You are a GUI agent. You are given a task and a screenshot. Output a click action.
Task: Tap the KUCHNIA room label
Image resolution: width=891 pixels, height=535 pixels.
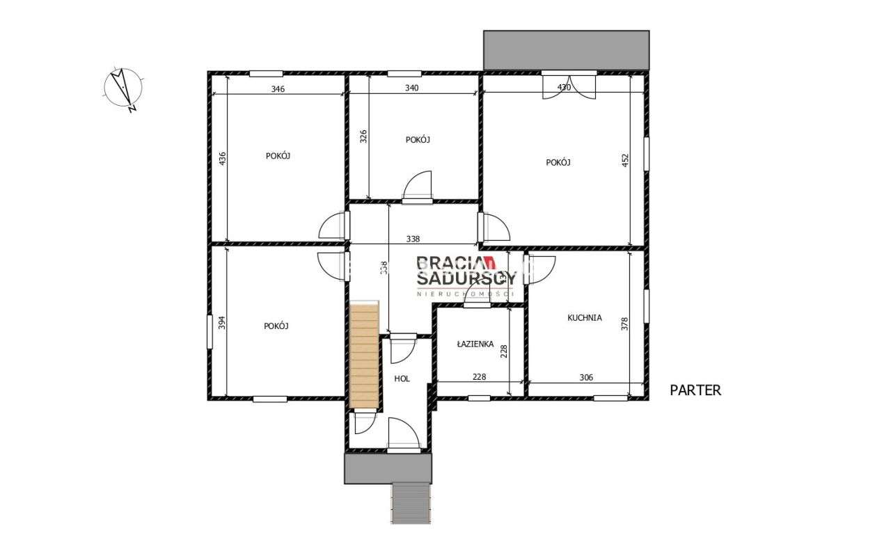[x=584, y=318]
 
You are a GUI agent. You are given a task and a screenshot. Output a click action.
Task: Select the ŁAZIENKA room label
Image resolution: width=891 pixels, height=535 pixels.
[x=475, y=344]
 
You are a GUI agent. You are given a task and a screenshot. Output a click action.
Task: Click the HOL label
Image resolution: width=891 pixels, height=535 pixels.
[x=402, y=379]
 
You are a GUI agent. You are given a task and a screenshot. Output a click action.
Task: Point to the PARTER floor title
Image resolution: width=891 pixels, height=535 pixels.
[x=695, y=390]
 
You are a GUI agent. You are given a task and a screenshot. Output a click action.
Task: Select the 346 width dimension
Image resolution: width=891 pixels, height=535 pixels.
[x=278, y=88]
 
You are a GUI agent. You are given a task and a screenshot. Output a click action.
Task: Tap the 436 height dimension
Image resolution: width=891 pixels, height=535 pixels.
[x=222, y=159]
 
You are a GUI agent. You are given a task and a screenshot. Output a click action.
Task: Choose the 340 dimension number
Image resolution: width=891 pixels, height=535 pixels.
[x=412, y=88]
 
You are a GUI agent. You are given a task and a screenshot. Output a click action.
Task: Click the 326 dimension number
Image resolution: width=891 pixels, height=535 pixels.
[x=363, y=136]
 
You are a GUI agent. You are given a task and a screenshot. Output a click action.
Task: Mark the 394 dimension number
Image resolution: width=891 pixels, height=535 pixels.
[x=222, y=323]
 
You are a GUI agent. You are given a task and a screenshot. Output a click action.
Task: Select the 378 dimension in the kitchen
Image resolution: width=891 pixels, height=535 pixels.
[x=624, y=325]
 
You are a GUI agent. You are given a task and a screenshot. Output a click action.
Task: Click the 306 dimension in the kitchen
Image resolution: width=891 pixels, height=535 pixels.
[x=585, y=377]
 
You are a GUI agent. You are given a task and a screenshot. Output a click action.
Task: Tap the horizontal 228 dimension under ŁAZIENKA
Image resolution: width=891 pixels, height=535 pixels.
[x=478, y=377]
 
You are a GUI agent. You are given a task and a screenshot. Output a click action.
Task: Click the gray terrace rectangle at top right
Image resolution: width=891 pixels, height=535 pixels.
[x=566, y=49]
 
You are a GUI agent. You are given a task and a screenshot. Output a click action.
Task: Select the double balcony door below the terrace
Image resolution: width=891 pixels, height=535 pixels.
[x=569, y=86]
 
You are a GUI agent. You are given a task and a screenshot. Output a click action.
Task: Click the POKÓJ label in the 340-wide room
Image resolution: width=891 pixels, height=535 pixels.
[x=418, y=140]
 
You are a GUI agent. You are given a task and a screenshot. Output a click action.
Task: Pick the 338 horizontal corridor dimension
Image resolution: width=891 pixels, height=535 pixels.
[x=413, y=239]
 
